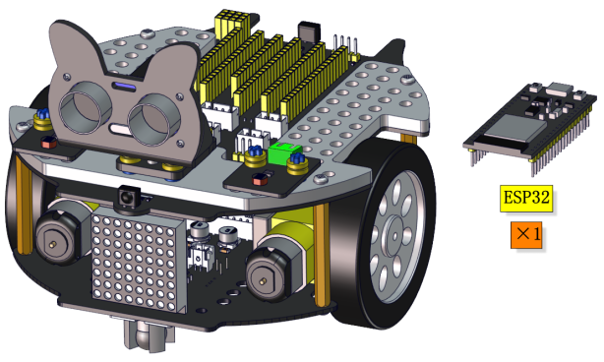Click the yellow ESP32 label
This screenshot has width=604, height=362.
point(526,199)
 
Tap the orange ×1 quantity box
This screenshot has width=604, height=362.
point(526,234)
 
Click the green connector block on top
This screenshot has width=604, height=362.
point(285,153)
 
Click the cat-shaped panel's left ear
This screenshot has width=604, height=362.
point(73,46)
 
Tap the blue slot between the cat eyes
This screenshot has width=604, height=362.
point(123,87)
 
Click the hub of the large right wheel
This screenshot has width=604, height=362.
point(394,234)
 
